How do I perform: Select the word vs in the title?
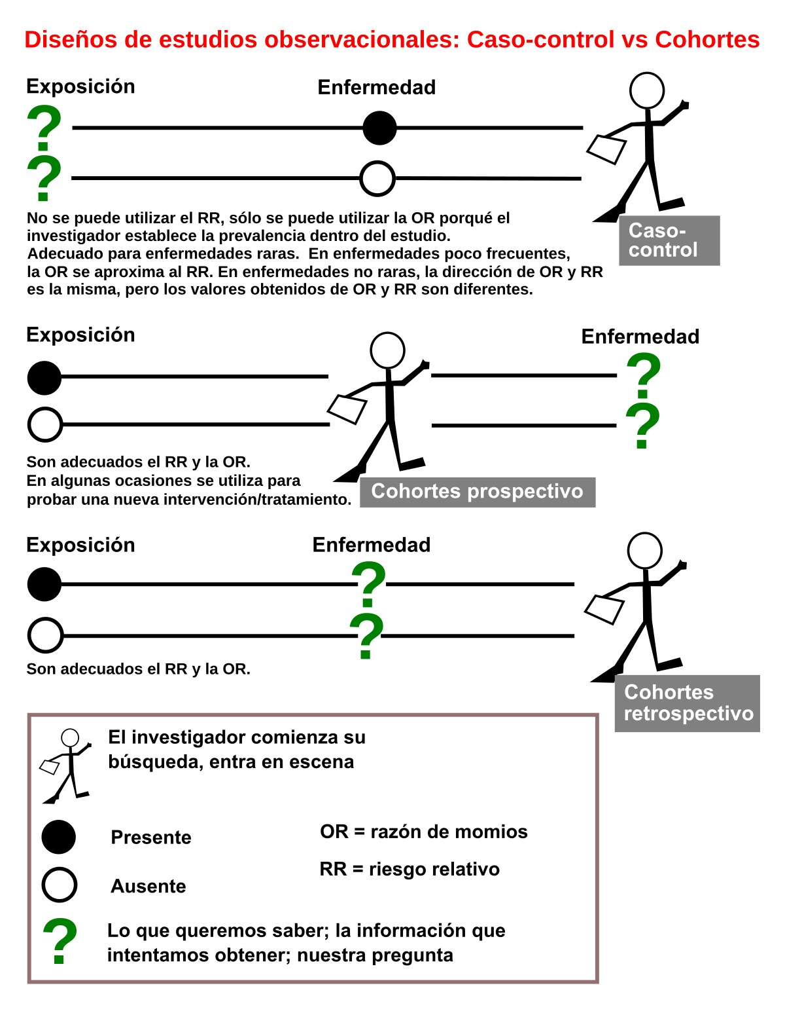(634, 40)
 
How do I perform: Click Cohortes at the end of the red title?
(707, 40)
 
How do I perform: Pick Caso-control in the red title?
(540, 40)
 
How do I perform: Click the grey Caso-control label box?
(669, 240)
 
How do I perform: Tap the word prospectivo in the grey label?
(525, 491)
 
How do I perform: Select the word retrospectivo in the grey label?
(688, 713)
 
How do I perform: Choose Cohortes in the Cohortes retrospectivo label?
(669, 692)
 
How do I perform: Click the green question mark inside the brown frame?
(60, 940)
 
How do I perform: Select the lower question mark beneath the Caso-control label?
(642, 426)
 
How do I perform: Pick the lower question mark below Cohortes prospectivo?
(366, 636)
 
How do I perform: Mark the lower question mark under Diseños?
(44, 178)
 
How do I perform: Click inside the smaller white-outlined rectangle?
(254, 763)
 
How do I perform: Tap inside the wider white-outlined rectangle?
(343, 944)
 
